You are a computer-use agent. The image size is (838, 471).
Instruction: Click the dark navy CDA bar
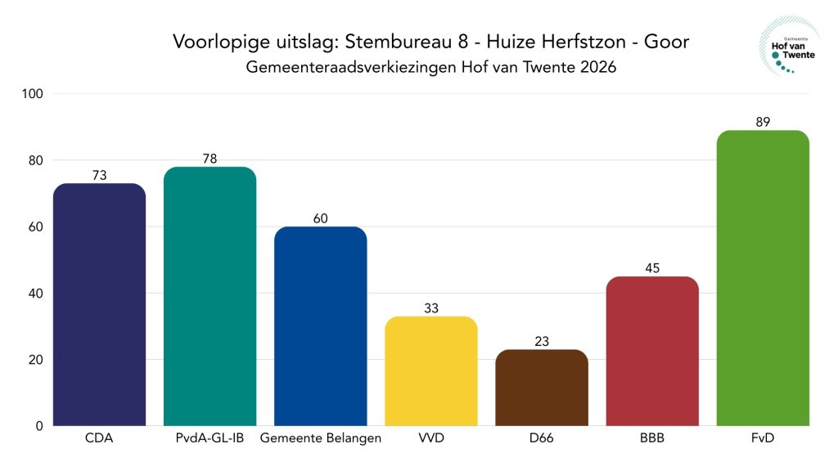(99, 304)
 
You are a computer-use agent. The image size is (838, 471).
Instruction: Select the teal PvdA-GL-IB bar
(209, 296)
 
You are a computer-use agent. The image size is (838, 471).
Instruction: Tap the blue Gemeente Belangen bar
(320, 326)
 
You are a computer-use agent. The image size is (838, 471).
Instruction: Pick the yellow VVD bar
(430, 371)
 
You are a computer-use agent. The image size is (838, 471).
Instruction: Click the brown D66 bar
(542, 388)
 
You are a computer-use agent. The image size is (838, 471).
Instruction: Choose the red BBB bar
(652, 351)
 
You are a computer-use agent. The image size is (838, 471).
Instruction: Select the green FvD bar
(763, 278)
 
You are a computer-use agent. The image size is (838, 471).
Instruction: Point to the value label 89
(763, 122)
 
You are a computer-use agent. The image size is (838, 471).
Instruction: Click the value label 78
(209, 159)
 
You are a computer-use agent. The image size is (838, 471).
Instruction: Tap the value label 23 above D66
(542, 341)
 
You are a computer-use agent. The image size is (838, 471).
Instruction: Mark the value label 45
(652, 267)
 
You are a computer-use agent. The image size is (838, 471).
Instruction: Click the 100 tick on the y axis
(34, 94)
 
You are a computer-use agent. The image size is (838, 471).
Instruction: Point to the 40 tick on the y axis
(37, 294)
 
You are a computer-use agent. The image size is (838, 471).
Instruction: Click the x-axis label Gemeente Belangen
(320, 439)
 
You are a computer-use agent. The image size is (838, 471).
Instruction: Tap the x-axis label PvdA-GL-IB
(209, 439)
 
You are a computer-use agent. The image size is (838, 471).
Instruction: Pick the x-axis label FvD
(763, 439)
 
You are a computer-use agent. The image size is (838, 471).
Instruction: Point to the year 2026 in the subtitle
(596, 68)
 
